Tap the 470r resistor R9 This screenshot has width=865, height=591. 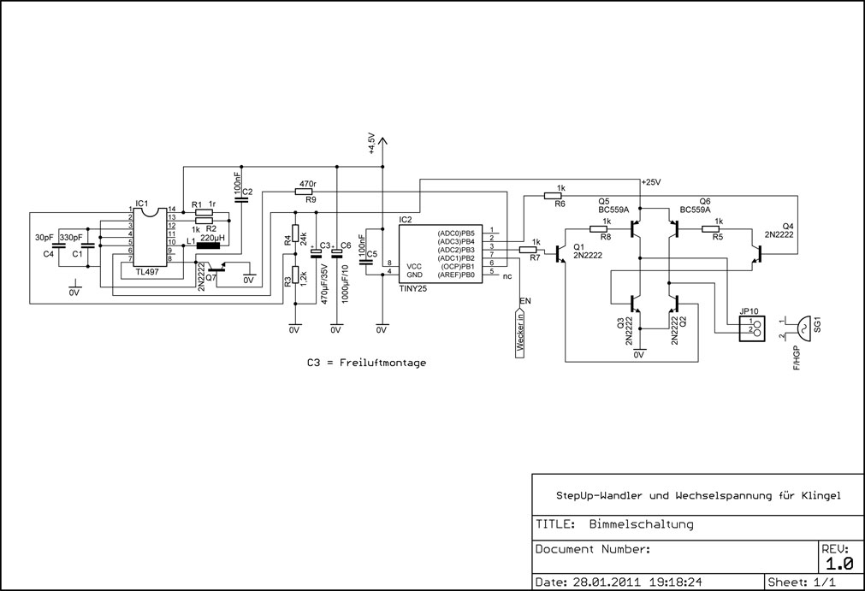[x=304, y=192]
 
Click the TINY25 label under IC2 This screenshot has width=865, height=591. [x=413, y=287]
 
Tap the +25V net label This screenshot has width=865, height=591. [x=651, y=182]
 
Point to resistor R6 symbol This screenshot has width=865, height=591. [x=552, y=195]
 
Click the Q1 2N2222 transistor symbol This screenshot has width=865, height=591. [x=560, y=254]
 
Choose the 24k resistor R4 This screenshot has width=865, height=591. [x=296, y=233]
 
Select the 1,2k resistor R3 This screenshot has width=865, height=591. [x=296, y=275]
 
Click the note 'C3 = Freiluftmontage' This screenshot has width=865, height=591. [x=367, y=363]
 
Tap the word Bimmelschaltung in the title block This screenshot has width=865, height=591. [x=641, y=523]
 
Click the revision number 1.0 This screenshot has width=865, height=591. [x=839, y=564]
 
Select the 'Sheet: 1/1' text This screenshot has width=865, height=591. [x=802, y=582]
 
